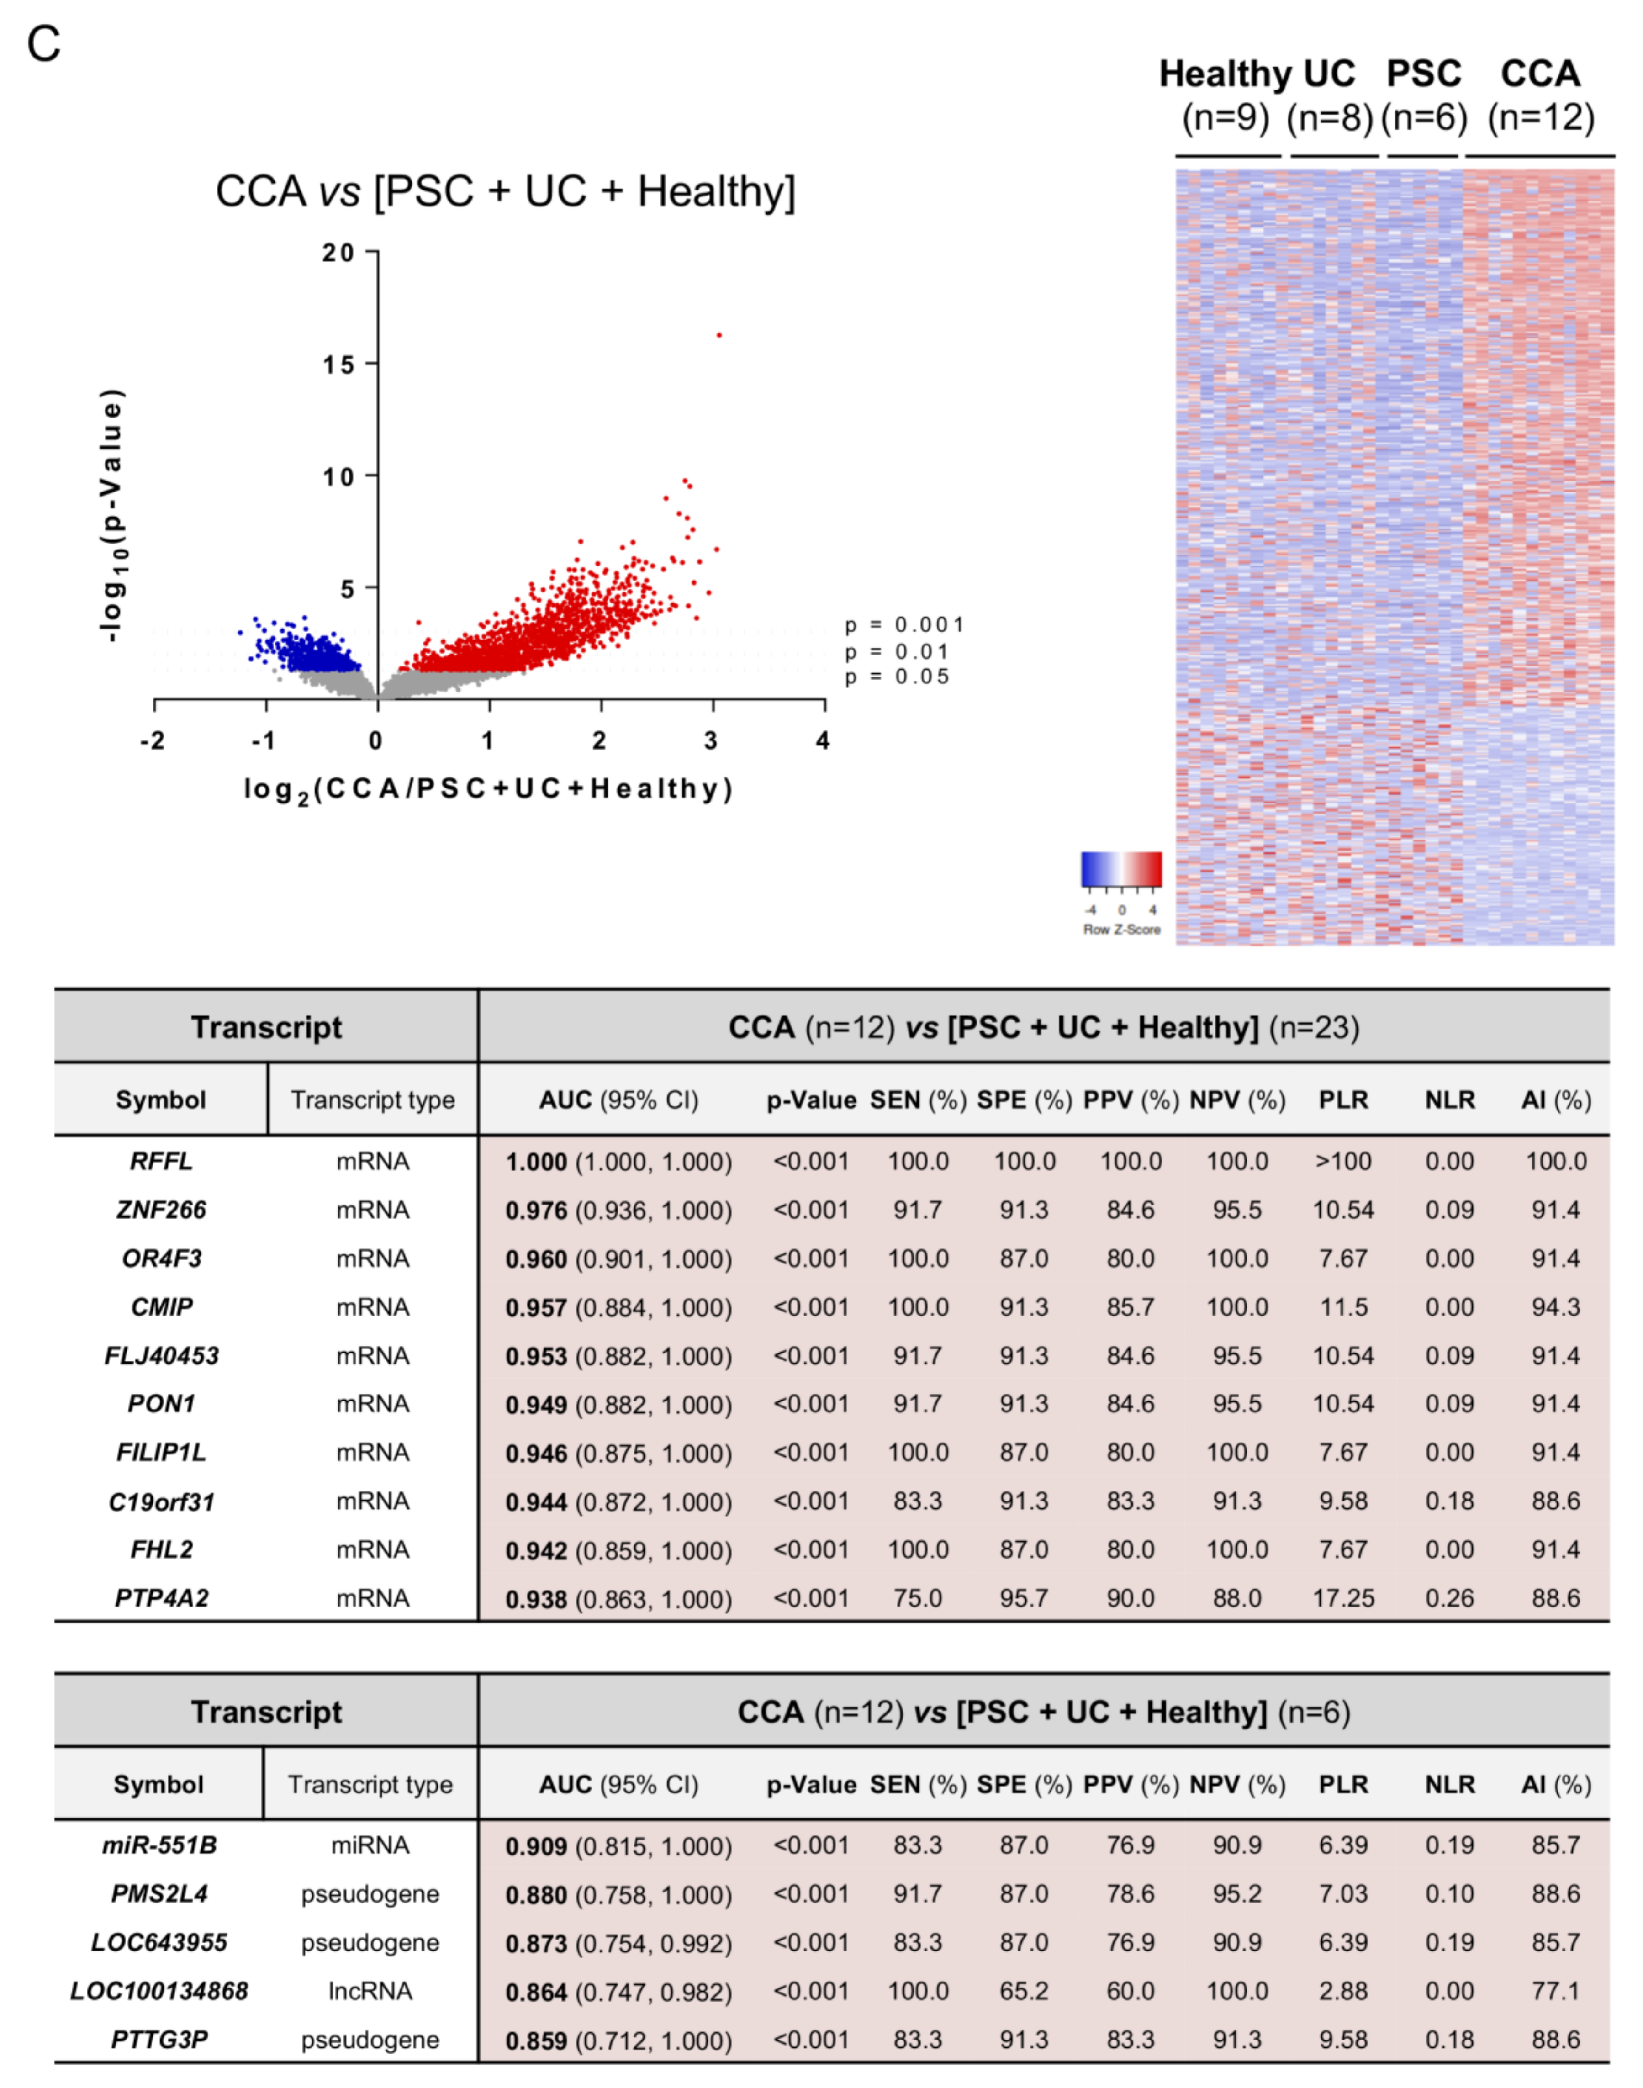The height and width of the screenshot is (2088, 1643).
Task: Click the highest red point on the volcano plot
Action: click(718, 335)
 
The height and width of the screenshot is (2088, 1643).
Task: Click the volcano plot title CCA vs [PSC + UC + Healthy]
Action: click(505, 191)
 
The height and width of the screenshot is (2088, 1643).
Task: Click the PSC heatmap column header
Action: click(1424, 74)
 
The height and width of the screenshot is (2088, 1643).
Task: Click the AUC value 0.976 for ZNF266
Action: click(536, 1210)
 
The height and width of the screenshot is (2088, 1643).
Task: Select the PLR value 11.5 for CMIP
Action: click(1343, 1307)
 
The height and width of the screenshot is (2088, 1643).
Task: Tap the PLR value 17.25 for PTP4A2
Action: click(1343, 1598)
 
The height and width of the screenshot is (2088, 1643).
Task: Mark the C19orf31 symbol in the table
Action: click(162, 1501)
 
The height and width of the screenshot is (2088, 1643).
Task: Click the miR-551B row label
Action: click(160, 1845)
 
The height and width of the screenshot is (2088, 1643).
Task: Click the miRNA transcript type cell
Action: click(370, 1845)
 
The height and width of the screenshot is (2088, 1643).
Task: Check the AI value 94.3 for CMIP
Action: click(1555, 1307)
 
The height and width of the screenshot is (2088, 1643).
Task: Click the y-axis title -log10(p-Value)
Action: click(112, 514)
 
